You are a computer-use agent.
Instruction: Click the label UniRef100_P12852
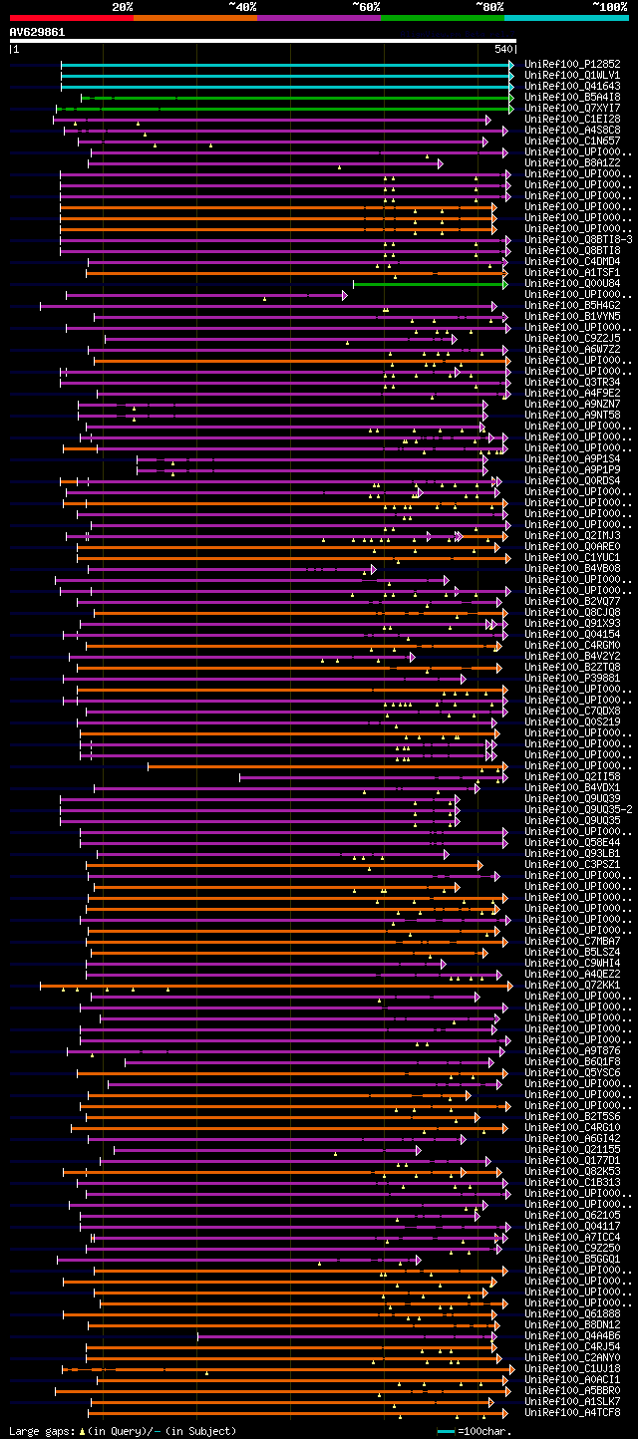pyautogui.click(x=572, y=64)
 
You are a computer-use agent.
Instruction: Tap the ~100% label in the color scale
pyautogui.click(x=609, y=7)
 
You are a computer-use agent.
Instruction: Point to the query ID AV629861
pyautogui.click(x=38, y=32)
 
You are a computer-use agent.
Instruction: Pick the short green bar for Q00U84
pyautogui.click(x=429, y=283)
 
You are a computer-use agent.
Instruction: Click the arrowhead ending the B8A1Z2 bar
pyautogui.click(x=440, y=162)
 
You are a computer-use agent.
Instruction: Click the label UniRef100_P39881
pyautogui.click(x=572, y=678)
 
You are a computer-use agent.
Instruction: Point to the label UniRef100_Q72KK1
pyautogui.click(x=572, y=985)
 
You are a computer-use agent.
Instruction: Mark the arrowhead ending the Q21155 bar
pyautogui.click(x=418, y=1149)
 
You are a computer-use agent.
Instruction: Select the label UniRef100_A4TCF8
pyautogui.click(x=572, y=1412)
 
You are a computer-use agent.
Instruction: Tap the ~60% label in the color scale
pyautogui.click(x=366, y=7)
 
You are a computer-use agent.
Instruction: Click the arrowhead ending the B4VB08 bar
pyautogui.click(x=373, y=568)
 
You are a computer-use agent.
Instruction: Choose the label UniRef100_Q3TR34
pyautogui.click(x=572, y=382)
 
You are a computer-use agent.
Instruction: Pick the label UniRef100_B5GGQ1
pyautogui.click(x=572, y=1259)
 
